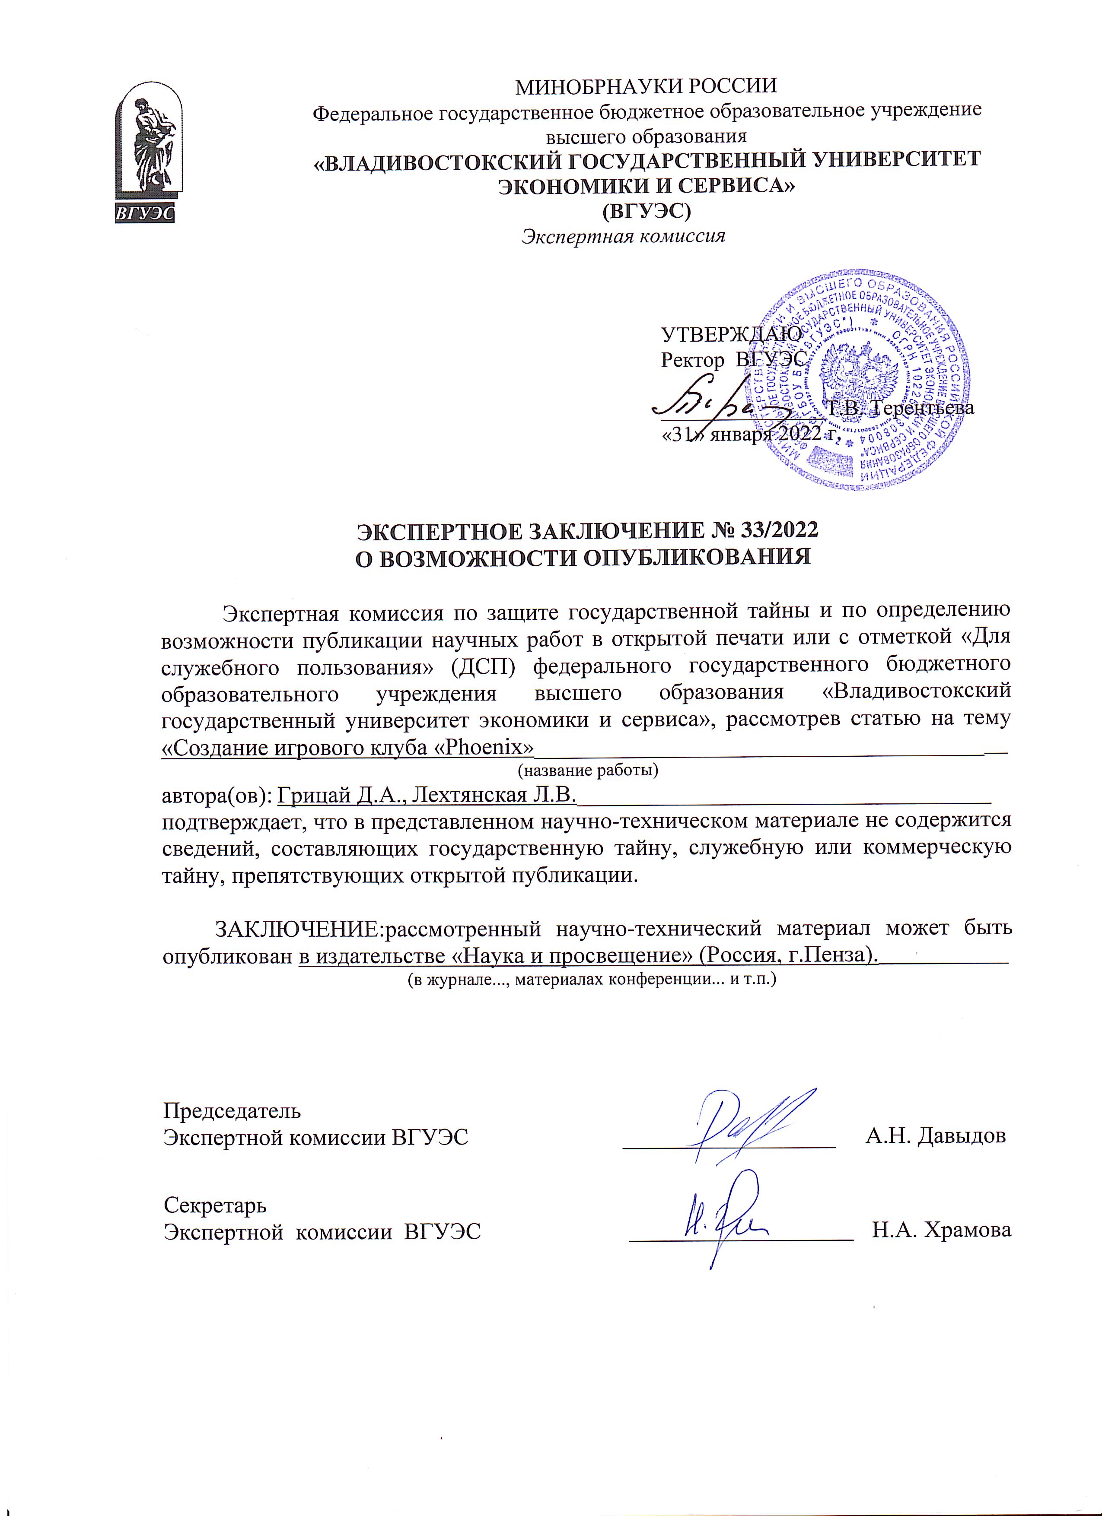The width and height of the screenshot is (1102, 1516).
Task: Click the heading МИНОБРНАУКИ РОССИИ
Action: [x=646, y=86]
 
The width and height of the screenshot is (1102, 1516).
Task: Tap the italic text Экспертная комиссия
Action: [x=623, y=236]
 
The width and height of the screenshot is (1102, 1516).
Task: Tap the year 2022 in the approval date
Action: [x=799, y=433]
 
